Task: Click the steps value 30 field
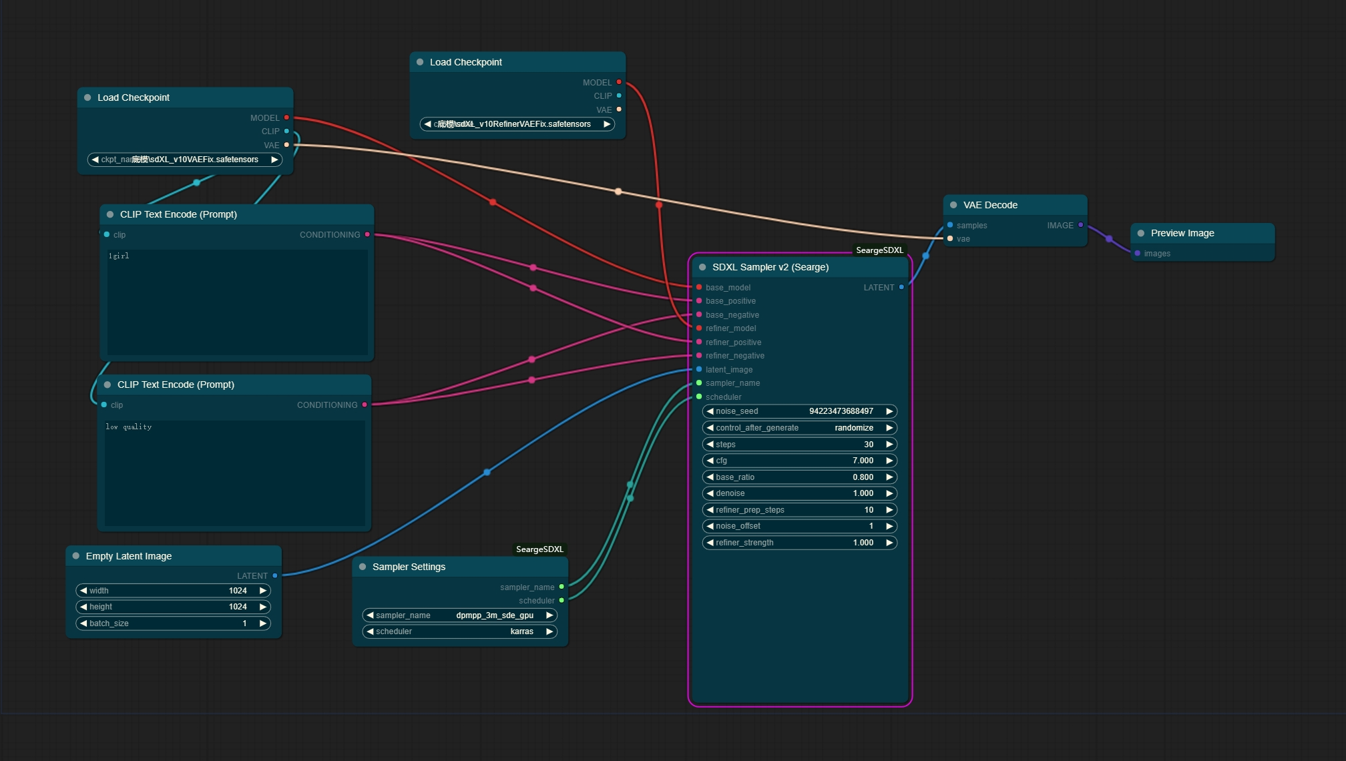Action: [799, 444]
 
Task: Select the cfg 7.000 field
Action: [799, 461]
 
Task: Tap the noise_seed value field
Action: [799, 411]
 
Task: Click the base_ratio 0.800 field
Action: [799, 477]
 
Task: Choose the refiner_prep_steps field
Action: [799, 510]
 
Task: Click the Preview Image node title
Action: [1182, 233]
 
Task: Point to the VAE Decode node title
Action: [990, 205]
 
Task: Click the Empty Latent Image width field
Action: [173, 591]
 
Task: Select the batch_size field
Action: [173, 623]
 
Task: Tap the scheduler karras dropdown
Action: [459, 631]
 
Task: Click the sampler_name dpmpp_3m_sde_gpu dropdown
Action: [459, 615]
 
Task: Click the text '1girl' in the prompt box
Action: [119, 256]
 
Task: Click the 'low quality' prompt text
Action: [129, 427]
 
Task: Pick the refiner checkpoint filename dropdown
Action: [517, 124]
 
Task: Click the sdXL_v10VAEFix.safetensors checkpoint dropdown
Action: [184, 160]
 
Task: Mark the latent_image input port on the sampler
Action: [699, 369]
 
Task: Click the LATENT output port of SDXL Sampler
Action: [901, 287]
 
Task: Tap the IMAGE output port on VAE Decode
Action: [1080, 225]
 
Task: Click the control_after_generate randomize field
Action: [799, 428]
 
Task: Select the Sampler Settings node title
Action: [409, 567]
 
